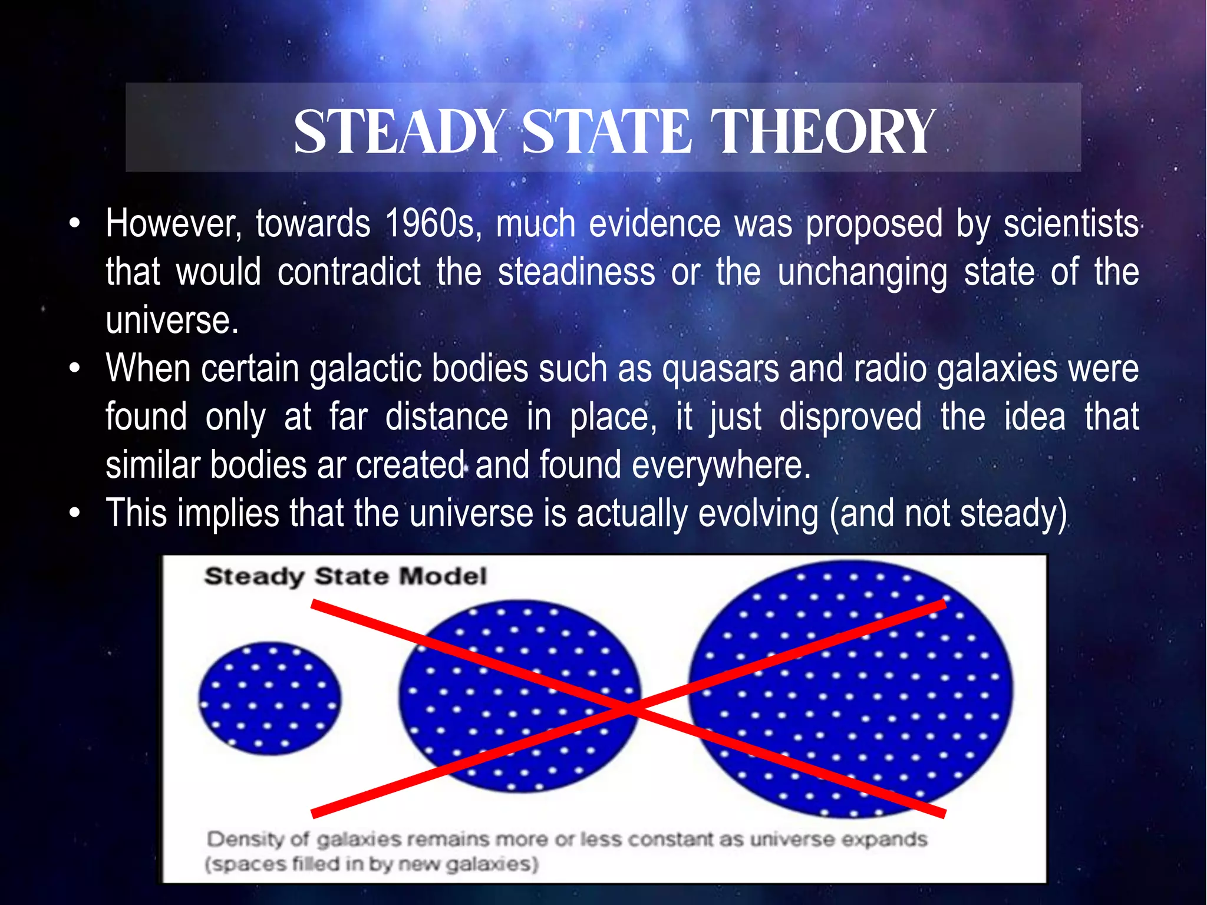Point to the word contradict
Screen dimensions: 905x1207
coord(349,272)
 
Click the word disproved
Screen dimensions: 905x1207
coord(850,417)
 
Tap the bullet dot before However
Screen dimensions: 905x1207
coord(74,224)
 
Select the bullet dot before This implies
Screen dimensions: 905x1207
coord(74,513)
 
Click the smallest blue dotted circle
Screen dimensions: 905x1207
coord(270,699)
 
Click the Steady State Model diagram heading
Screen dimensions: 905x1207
coord(345,576)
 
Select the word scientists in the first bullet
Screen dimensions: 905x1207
coord(1071,224)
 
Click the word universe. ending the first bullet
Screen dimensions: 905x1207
coord(172,321)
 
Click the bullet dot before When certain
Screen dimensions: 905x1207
coord(74,369)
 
